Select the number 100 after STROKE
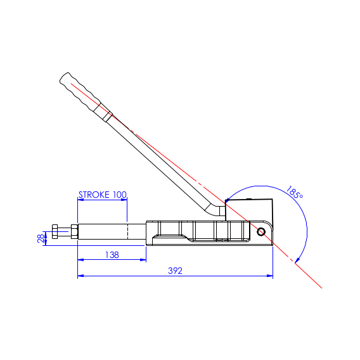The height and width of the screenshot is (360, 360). tap(120, 195)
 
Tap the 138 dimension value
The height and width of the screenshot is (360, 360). tap(112, 254)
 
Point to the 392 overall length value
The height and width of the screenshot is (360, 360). tap(176, 271)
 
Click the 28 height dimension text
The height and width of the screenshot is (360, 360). tap(41, 238)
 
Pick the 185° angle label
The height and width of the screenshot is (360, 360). tap(294, 193)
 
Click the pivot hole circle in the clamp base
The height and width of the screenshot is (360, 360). tap(261, 231)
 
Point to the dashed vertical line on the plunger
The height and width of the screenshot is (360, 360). tap(127, 231)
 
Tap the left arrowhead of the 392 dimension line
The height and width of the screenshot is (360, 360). tap(80, 276)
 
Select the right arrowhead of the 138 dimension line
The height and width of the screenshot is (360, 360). tap(143, 259)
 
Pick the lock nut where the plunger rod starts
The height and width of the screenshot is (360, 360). tap(75, 232)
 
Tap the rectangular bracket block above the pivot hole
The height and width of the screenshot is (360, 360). tap(250, 210)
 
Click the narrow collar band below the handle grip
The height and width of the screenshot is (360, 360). tap(108, 117)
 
